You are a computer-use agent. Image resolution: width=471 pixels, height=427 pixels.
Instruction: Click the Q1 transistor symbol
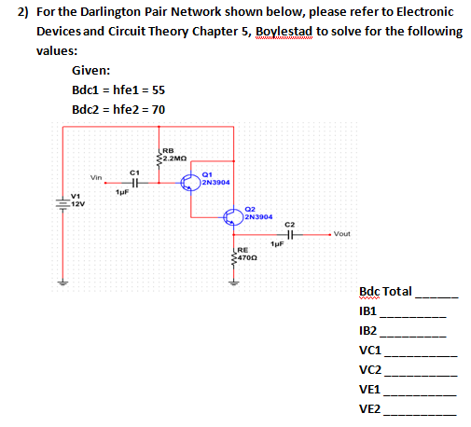tap(190, 182)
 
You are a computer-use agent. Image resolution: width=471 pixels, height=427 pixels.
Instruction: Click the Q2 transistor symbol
tap(234, 216)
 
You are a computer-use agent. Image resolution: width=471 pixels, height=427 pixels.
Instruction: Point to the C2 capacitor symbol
tap(289, 234)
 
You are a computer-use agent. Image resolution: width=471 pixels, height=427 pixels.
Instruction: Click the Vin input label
tap(96, 176)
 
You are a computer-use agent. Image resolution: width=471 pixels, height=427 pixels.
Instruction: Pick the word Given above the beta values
tap(91, 70)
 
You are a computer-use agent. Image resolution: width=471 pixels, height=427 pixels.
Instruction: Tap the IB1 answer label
tap(367, 311)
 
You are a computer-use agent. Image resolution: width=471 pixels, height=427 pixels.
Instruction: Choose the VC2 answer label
tap(369, 370)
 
